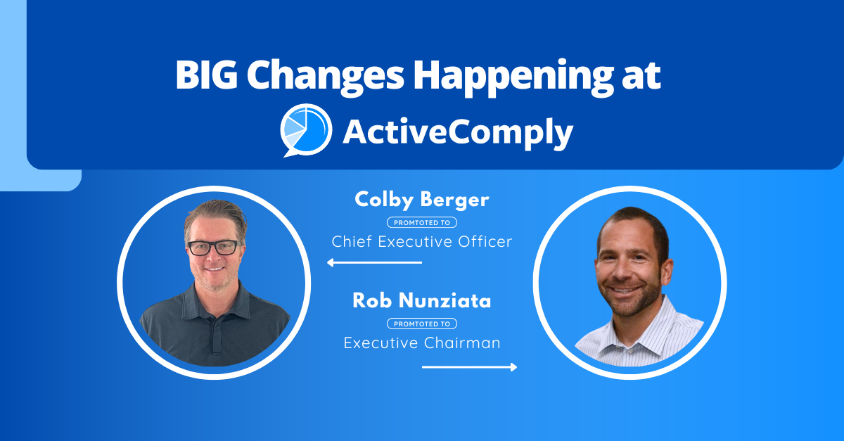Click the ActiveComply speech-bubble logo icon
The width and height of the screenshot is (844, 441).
coord(306,130)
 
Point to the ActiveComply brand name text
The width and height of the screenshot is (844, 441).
coord(458,133)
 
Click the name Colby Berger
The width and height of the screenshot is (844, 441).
coord(422,200)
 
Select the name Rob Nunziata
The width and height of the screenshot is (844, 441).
coord(422,302)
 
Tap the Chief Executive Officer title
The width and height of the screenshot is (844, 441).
coord(422,242)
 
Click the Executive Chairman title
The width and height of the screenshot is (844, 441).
coord(422,343)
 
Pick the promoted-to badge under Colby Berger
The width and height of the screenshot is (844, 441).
coord(422,222)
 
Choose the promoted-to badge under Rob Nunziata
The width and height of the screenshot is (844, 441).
coord(422,324)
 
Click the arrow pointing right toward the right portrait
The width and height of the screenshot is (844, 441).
coord(470,366)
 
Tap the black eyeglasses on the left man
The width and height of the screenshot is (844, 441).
coord(212,248)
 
